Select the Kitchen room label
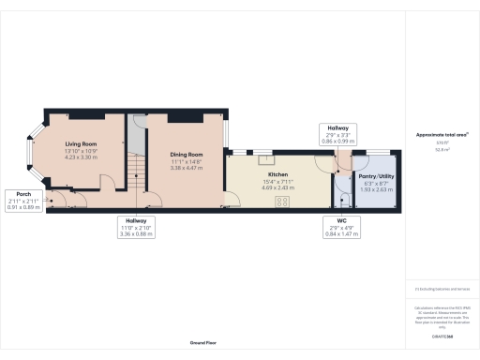(277, 175)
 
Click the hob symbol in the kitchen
(281, 198)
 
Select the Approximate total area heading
(442, 135)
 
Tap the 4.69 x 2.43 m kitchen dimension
(277, 187)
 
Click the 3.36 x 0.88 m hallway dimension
(136, 234)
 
